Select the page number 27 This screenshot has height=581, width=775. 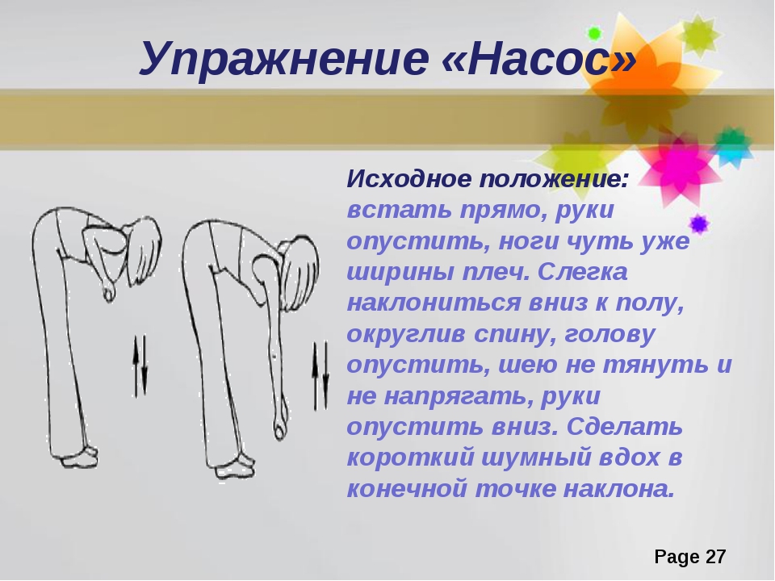(715, 557)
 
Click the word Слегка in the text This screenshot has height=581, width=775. (582, 272)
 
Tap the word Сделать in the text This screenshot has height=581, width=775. (624, 427)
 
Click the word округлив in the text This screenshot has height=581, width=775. (406, 334)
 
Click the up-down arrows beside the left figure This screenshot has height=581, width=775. (140, 366)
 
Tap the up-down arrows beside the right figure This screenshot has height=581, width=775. (320, 376)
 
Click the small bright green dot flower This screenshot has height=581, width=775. (594, 34)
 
